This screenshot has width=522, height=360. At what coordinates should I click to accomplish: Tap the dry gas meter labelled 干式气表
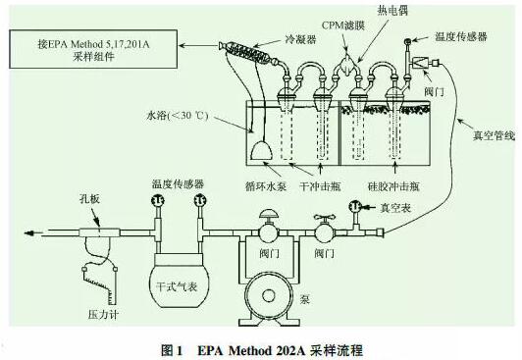[176, 286]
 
